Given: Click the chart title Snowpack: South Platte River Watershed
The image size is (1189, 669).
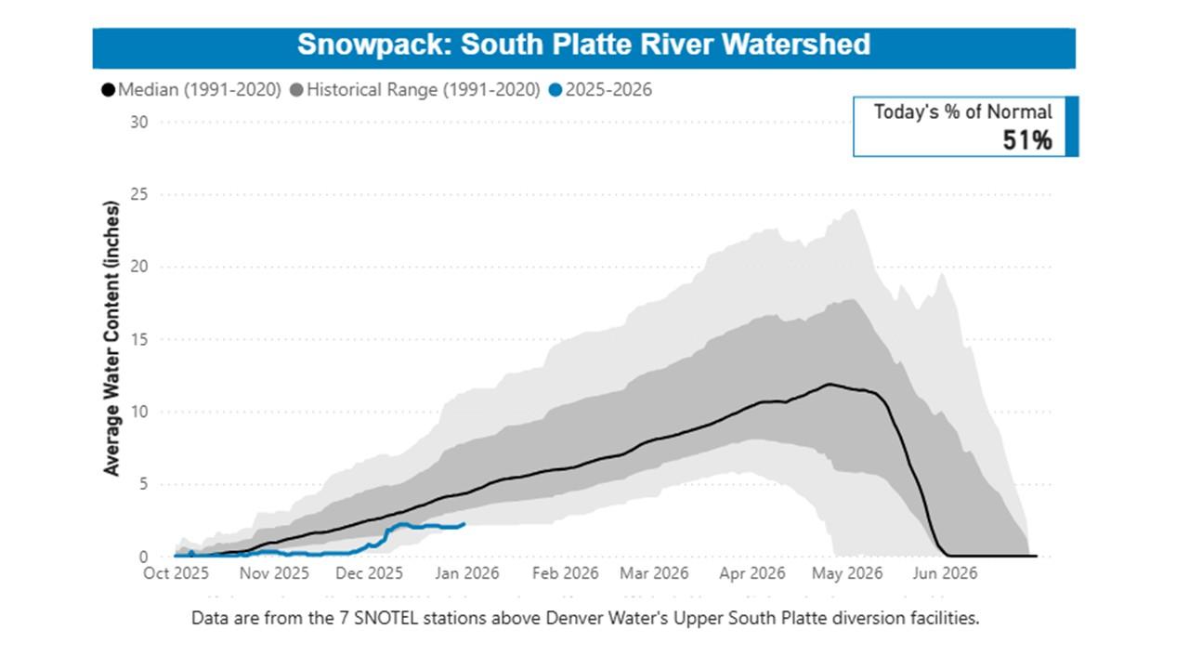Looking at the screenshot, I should coord(583,45).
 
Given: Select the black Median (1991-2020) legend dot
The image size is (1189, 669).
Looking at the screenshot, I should coord(108,90).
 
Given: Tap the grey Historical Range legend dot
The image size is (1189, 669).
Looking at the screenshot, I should coord(296,90).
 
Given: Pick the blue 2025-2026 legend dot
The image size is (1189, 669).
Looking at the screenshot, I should coord(555,90).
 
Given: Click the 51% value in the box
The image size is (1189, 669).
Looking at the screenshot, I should coord(1026,140).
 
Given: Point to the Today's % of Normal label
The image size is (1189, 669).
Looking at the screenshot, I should coord(962,112).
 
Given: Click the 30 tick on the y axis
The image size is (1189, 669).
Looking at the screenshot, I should coord(139,122).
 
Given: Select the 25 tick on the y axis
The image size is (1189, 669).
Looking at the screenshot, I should coord(139,194).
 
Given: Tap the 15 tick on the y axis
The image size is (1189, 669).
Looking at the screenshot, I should coord(139,339).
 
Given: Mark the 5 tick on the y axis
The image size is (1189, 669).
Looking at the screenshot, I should coord(143,484).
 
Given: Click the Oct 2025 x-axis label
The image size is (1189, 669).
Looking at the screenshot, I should coord(176,573).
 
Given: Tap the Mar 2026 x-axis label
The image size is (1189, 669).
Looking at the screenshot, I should coord(654,573).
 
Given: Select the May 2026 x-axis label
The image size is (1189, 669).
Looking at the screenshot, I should coord(847,573).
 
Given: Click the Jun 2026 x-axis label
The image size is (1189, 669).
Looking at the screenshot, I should coord(944,573).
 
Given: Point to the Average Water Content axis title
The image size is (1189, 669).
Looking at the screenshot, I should coord(112,338).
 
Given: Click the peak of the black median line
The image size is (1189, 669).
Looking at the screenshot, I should coord(830,384).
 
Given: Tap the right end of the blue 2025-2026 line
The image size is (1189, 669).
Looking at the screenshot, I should coord(464,524).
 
